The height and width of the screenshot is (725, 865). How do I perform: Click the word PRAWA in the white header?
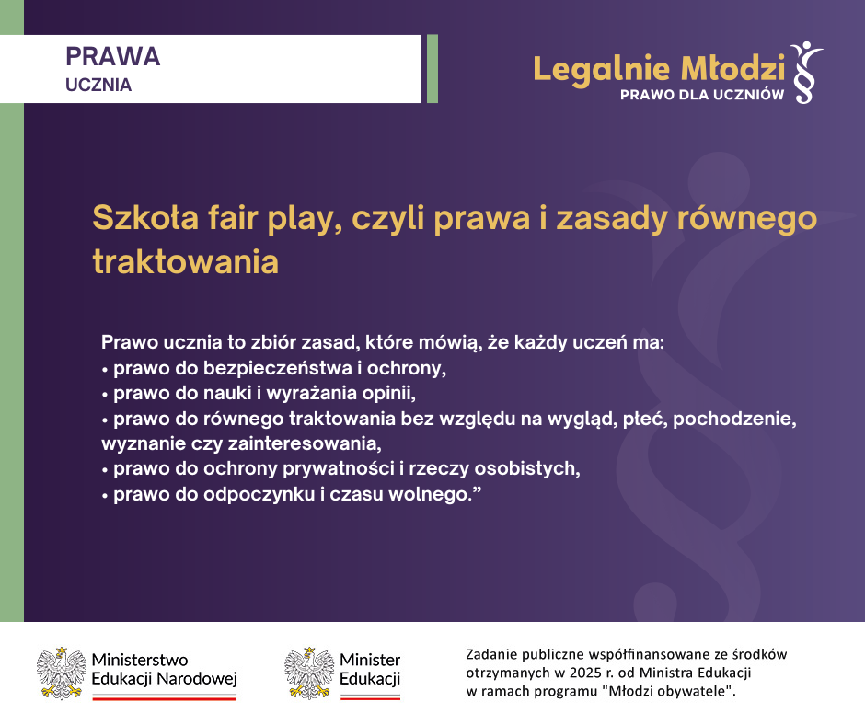point(113,56)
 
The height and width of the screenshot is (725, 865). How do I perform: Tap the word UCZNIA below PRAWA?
point(98,85)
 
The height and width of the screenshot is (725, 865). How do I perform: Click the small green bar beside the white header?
point(432,69)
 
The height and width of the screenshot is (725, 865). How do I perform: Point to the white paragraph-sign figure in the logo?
point(806,73)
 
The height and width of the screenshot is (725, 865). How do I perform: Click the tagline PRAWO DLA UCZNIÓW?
point(702,95)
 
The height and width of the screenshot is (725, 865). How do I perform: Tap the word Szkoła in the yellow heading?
point(145,217)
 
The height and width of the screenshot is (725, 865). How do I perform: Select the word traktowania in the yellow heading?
point(185,261)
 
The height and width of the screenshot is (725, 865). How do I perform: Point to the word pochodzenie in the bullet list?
point(734,419)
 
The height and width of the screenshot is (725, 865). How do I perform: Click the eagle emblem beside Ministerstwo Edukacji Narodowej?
point(62,673)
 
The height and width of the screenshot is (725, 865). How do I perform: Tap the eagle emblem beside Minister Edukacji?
point(309,673)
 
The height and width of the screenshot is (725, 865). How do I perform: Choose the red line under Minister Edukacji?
point(370,698)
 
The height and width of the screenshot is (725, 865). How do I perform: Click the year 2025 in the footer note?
point(585,673)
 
